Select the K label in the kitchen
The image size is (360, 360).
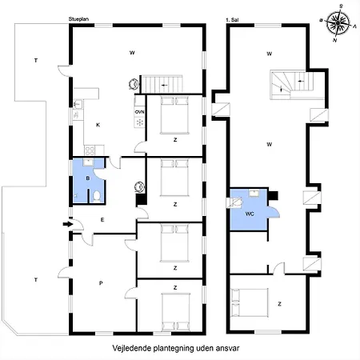click(98, 126)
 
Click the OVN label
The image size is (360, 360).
click(139, 112)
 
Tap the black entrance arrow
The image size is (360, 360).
click(66, 223)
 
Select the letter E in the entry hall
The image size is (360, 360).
click(102, 218)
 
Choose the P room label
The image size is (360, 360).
click(101, 282)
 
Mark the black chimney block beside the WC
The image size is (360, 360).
click(273, 194)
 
